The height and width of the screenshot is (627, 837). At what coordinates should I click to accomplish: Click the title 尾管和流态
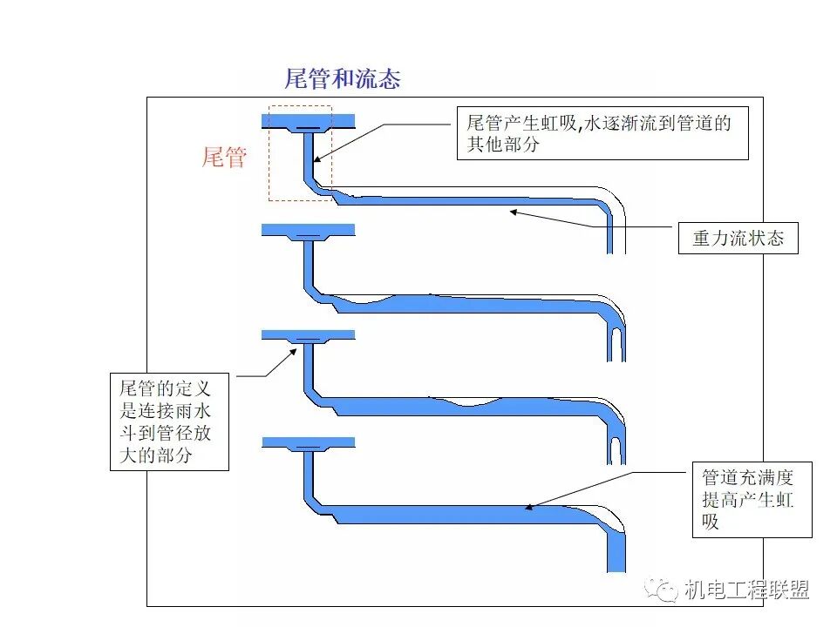(x=343, y=79)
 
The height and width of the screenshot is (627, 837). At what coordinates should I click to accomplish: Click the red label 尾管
(x=224, y=158)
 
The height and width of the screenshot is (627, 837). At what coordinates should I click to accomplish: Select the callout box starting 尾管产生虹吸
(x=602, y=134)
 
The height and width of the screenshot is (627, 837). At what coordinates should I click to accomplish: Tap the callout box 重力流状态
(x=738, y=238)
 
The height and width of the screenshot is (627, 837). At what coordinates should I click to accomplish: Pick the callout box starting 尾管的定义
(x=169, y=421)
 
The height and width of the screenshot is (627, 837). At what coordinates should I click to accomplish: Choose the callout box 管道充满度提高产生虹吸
(x=751, y=499)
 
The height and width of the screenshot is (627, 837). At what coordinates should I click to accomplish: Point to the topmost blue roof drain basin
(x=309, y=119)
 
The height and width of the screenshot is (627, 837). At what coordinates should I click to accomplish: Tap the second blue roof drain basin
(x=309, y=230)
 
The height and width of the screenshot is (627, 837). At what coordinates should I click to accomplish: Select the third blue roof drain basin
(x=309, y=334)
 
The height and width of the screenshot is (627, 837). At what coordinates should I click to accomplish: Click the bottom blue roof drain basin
(x=309, y=442)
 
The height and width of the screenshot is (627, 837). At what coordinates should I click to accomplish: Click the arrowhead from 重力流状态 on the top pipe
(x=514, y=210)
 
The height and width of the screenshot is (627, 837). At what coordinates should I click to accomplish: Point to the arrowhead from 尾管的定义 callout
(x=295, y=350)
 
